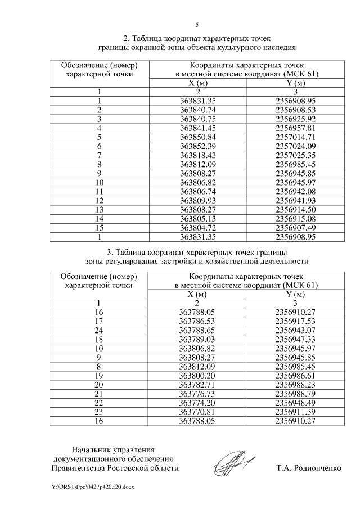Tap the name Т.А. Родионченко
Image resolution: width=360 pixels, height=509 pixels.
(x=309, y=468)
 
